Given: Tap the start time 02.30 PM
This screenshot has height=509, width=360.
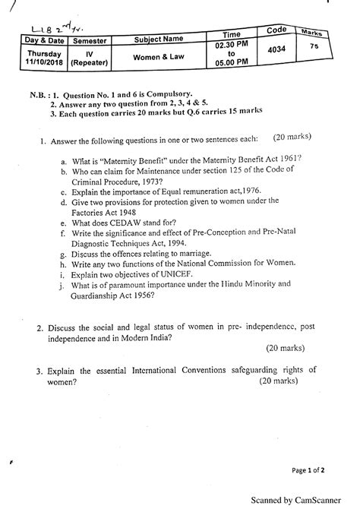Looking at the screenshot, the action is pos(230,47).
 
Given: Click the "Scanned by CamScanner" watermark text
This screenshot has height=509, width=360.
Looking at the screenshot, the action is pos(306,498).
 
